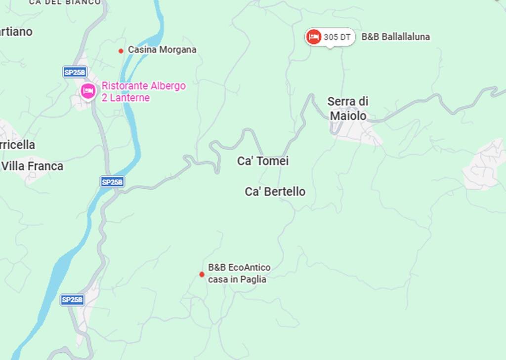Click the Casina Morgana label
tap(162, 50)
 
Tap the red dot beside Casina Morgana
tap(121, 51)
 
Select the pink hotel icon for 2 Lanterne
tap(88, 91)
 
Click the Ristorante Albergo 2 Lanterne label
tap(143, 92)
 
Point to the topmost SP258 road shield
tap(75, 72)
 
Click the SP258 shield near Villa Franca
tap(112, 182)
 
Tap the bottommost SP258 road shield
tap(72, 300)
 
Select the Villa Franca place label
tap(32, 166)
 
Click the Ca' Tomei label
tap(263, 161)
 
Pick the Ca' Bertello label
tap(275, 192)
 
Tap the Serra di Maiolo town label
tap(348, 109)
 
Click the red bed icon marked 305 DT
tap(313, 37)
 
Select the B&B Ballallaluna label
tap(395, 37)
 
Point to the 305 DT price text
tap(337, 37)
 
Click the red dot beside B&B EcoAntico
tap(202, 274)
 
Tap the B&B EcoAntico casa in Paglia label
tap(239, 274)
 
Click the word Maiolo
tap(348, 116)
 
